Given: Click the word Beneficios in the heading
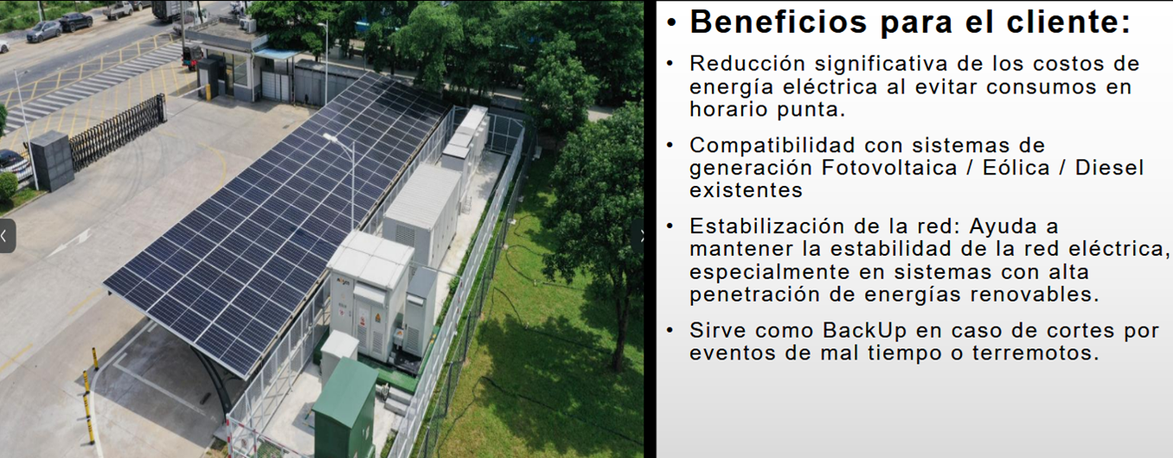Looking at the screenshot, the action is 779,22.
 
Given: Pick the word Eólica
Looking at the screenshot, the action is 1016,168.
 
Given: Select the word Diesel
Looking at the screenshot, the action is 1109,168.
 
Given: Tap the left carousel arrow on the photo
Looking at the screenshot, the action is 7,236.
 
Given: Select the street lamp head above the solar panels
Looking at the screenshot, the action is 332,138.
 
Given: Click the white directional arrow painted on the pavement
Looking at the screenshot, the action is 71,244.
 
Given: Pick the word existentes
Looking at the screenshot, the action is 746,191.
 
